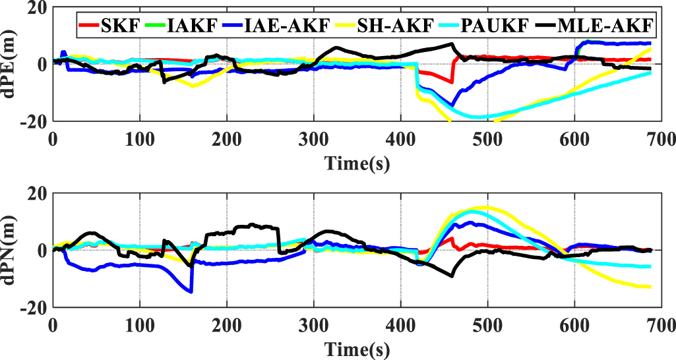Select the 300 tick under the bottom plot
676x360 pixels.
pos(313,324)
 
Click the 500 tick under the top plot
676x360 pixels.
pos(487,139)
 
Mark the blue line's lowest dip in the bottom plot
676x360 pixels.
pos(191,291)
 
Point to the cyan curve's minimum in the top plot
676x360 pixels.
pos(479,117)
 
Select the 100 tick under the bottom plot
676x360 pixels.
pos(140,324)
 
